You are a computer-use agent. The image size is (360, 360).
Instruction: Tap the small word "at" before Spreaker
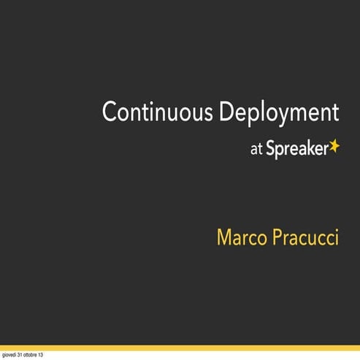[256, 149]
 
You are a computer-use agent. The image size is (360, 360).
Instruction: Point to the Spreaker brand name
[296, 149]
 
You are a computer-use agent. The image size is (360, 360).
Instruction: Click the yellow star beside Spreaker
[334, 146]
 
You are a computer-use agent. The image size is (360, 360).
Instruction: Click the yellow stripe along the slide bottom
[180, 348]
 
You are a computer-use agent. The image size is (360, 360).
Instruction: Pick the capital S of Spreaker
[270, 149]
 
